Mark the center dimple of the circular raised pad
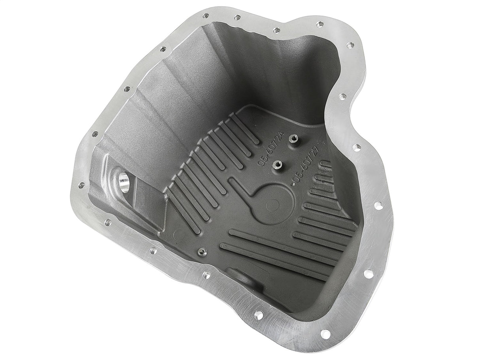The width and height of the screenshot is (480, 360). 270,205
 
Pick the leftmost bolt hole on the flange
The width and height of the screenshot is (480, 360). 81,185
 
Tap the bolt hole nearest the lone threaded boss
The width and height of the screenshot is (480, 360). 206,275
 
